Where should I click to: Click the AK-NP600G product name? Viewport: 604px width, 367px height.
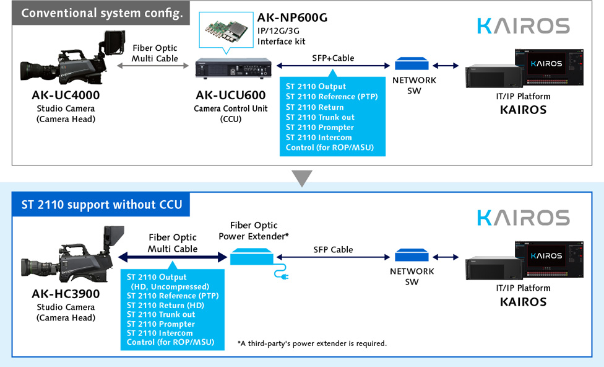[292, 17]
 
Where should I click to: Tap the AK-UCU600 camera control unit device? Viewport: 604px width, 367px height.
[233, 69]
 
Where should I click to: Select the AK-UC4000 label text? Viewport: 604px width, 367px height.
[66, 95]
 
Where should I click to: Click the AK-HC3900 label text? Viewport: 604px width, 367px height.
[66, 294]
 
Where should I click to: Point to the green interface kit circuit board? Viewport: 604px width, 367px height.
[226, 30]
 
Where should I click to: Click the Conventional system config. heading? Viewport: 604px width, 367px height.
[102, 13]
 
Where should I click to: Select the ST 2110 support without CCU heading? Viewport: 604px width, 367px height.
[101, 205]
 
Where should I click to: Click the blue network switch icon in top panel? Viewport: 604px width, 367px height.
[412, 63]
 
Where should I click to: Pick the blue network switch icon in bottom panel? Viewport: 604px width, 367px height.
[412, 255]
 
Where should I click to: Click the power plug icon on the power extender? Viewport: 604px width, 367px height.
[282, 272]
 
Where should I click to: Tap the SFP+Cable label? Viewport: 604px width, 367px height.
[333, 58]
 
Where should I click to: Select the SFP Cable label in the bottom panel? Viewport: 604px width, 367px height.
[333, 250]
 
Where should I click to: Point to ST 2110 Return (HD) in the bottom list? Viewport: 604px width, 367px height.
[165, 305]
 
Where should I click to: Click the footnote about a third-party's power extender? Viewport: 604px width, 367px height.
[312, 343]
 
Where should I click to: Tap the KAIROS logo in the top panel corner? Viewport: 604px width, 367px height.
[524, 26]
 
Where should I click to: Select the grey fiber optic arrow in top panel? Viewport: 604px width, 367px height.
[153, 66]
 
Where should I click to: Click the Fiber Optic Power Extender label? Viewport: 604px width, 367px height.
[254, 231]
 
